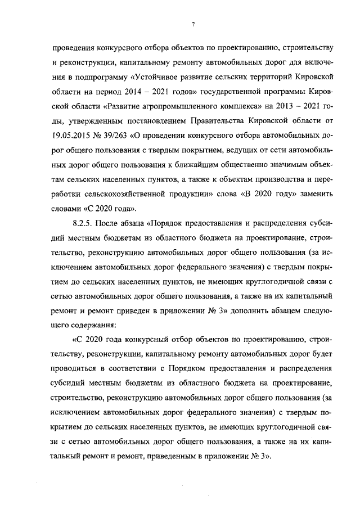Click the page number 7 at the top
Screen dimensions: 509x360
click(x=192, y=22)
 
